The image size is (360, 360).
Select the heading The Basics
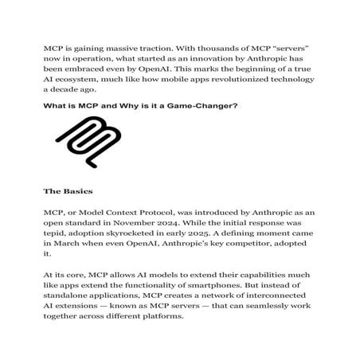point(70,192)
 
